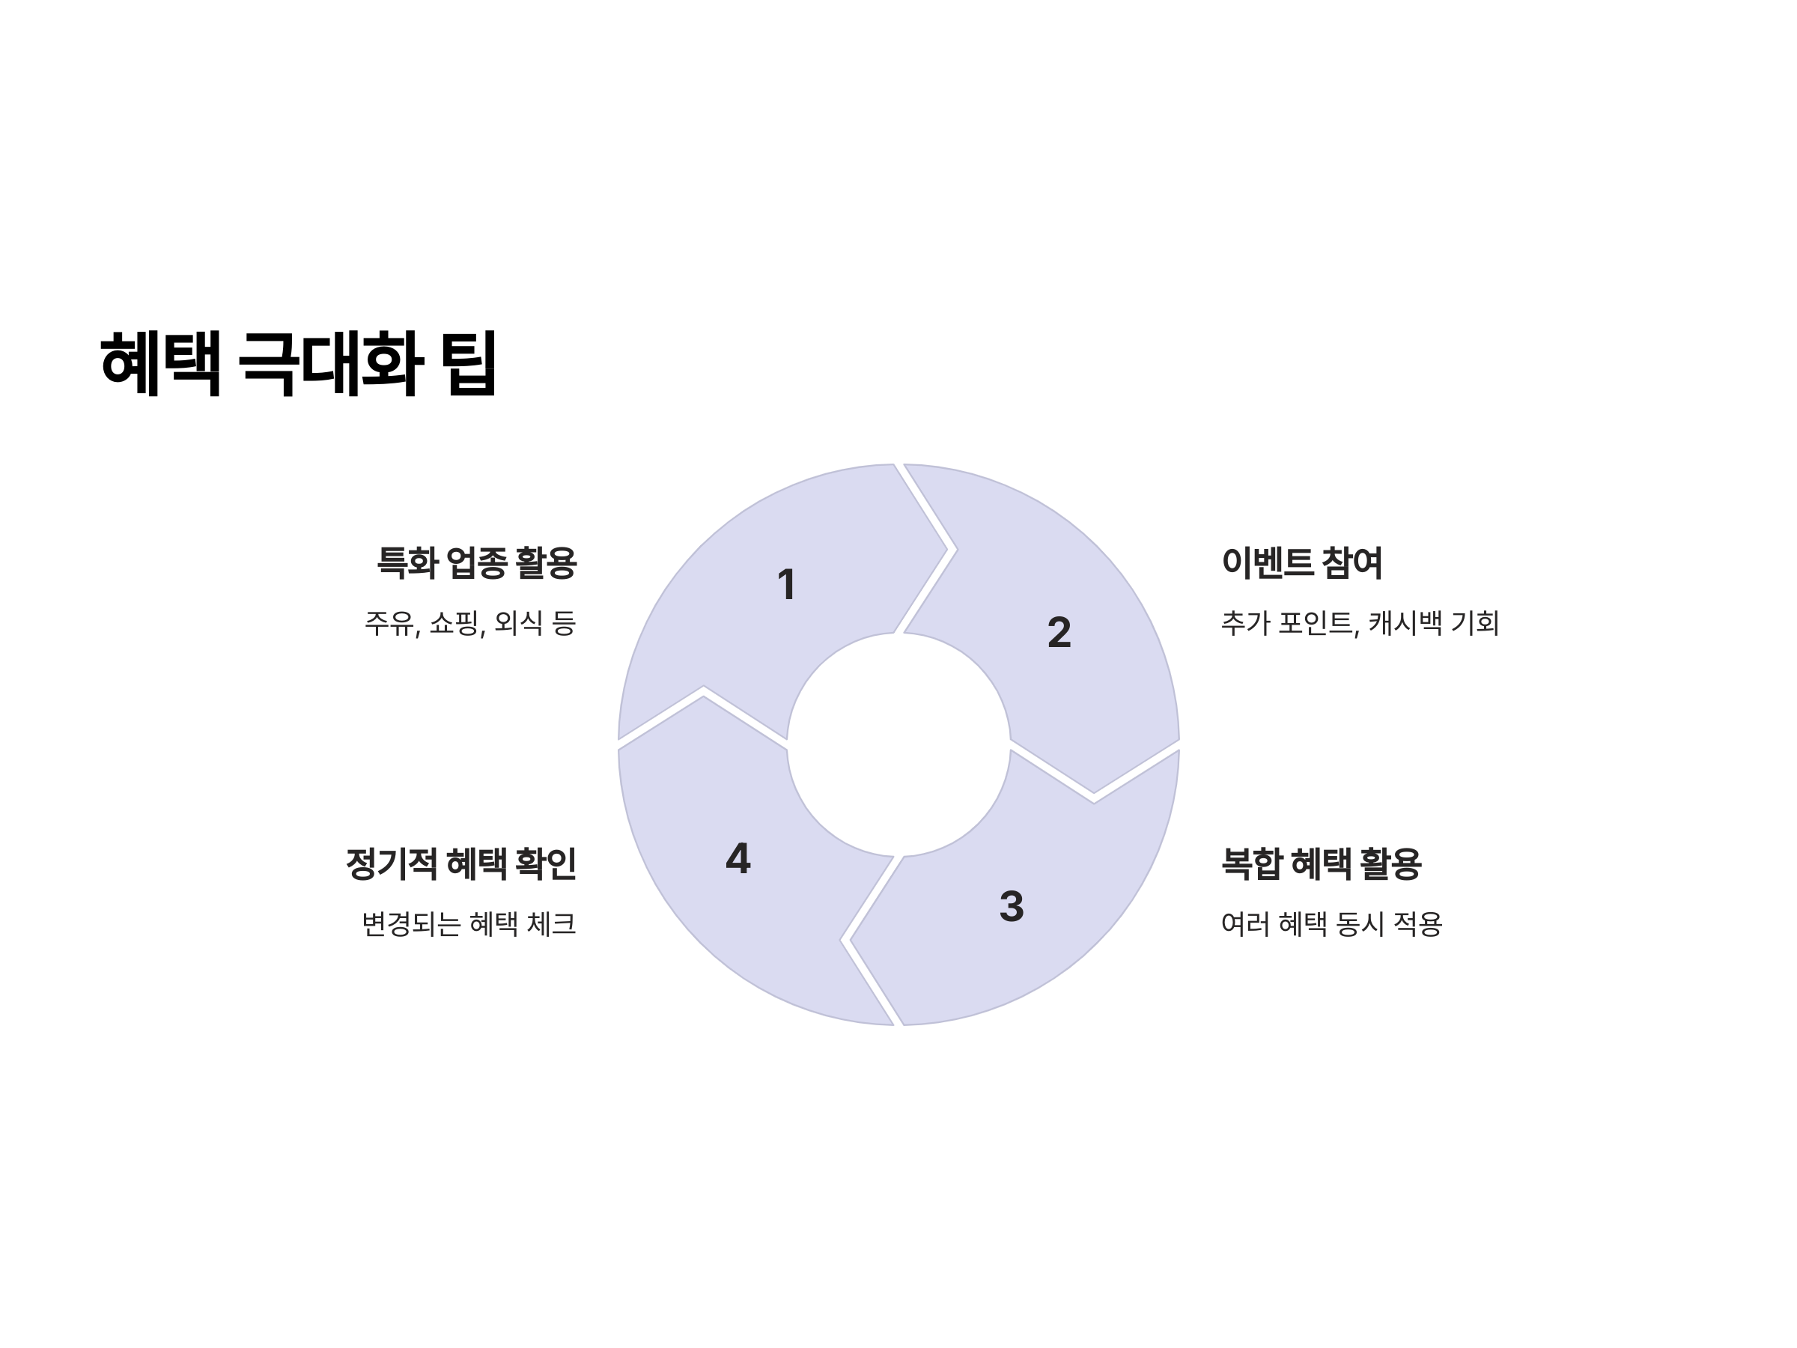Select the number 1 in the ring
click(785, 584)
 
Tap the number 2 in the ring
click(1059, 632)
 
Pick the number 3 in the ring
click(1012, 906)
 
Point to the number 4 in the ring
click(738, 858)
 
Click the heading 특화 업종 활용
click(476, 562)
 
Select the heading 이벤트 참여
click(1301, 562)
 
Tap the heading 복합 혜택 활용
click(1321, 863)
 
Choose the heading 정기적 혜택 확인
click(460, 863)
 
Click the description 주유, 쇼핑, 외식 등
click(469, 623)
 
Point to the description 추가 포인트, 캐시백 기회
click(1359, 623)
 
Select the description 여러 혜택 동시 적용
click(1331, 924)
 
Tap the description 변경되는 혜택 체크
click(468, 924)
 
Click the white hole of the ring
click(898, 744)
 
